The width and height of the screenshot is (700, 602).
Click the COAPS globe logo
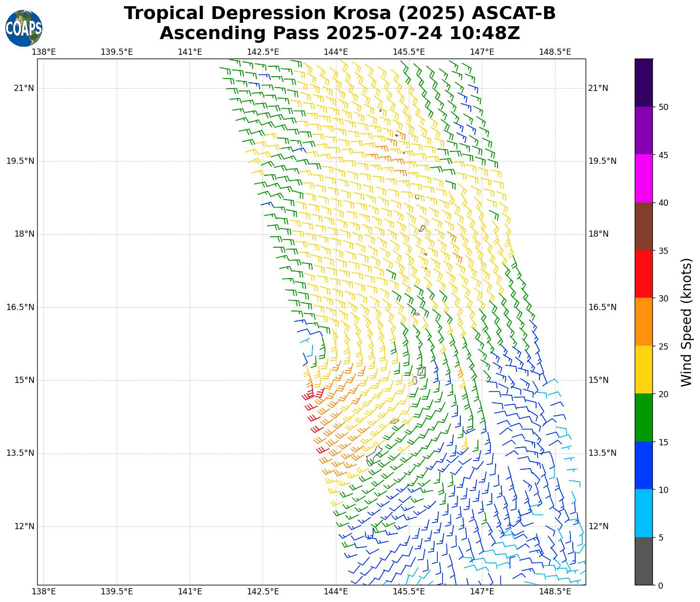(24, 28)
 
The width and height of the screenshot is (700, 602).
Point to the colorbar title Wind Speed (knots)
(686, 322)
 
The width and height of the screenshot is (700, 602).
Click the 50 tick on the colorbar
(663, 107)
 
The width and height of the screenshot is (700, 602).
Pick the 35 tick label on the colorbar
(663, 251)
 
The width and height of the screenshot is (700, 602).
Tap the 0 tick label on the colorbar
(660, 585)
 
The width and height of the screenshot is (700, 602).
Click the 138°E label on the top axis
(43, 51)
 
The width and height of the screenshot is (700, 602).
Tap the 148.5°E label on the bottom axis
(555, 592)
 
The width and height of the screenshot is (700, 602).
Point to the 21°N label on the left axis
(24, 88)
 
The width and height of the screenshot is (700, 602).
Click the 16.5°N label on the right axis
(602, 307)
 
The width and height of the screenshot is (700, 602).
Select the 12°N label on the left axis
(24, 526)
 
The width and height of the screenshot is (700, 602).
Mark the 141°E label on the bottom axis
(190, 592)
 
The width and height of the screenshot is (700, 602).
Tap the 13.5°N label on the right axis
(602, 453)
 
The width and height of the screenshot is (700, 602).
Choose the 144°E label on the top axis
(336, 51)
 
